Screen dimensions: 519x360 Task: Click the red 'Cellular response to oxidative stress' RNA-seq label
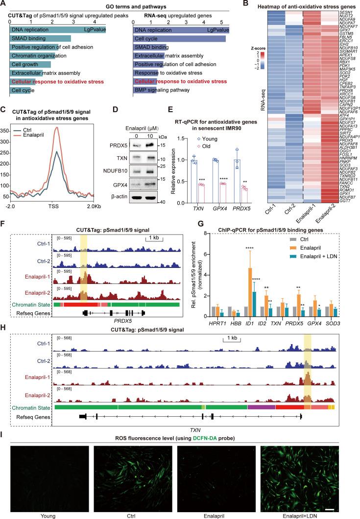click(x=181, y=81)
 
